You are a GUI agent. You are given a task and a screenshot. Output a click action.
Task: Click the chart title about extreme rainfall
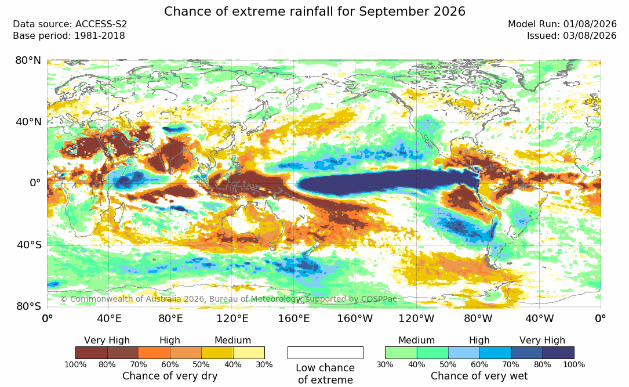click(314, 11)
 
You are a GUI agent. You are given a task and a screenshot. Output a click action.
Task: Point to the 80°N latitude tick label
click(28, 60)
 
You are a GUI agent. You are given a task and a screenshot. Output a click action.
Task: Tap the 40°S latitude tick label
click(29, 244)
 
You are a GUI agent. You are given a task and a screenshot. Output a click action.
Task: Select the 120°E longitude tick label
click(232, 319)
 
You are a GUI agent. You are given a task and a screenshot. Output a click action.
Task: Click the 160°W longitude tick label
click(355, 319)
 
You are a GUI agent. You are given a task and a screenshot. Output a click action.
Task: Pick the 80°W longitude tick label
click(478, 319)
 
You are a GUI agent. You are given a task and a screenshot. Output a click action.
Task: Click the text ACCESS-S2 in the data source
click(101, 24)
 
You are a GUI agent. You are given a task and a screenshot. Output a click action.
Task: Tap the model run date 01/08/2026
click(590, 24)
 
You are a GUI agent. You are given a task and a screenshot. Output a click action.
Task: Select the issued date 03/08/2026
click(590, 36)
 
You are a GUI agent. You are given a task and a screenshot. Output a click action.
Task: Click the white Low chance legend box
click(325, 353)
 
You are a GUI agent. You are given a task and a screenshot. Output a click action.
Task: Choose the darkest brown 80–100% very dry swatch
click(92, 353)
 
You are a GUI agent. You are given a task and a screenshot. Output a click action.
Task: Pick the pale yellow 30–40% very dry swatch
click(249, 353)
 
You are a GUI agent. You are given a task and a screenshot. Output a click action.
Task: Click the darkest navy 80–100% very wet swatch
click(558, 353)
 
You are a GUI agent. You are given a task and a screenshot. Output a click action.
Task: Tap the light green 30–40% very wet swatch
click(401, 353)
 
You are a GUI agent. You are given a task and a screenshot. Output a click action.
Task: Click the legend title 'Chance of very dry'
click(170, 376)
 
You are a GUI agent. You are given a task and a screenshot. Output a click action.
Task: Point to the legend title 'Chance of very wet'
click(479, 376)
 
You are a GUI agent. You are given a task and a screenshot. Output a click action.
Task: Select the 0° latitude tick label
click(36, 183)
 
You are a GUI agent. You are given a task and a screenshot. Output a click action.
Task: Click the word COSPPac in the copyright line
click(379, 299)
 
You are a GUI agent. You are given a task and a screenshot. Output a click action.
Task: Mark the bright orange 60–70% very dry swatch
click(154, 353)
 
